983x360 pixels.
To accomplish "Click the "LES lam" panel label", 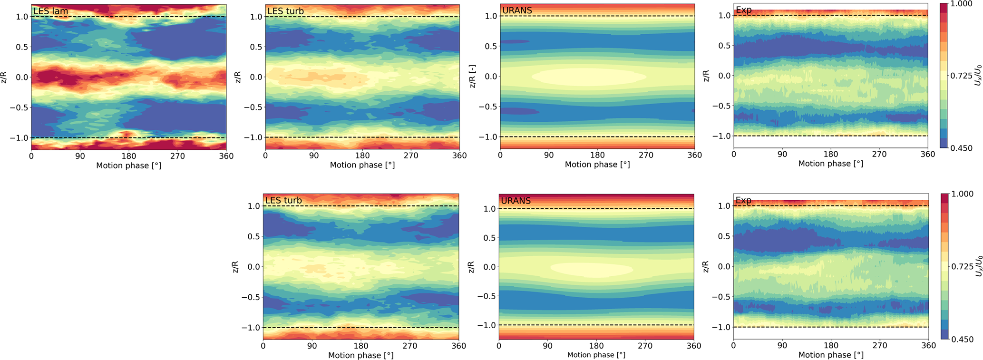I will (x=50, y=11).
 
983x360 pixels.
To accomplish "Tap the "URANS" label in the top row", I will (x=517, y=10).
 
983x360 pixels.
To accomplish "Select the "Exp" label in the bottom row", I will (x=743, y=201).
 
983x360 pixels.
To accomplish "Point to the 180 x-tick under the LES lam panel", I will (x=128, y=156).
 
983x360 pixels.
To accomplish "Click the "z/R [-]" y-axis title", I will (x=473, y=76).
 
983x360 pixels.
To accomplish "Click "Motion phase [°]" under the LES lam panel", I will (x=128, y=165).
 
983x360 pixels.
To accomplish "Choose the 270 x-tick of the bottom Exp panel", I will (x=879, y=345).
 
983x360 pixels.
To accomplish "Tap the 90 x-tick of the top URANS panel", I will (x=549, y=156).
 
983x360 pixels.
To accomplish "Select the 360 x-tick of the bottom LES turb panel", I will (x=458, y=346).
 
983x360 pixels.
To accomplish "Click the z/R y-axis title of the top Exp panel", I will (x=707, y=76).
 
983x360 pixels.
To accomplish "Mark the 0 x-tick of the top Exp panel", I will (x=734, y=155).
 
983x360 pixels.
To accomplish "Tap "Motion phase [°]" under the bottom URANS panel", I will (x=596, y=355).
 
